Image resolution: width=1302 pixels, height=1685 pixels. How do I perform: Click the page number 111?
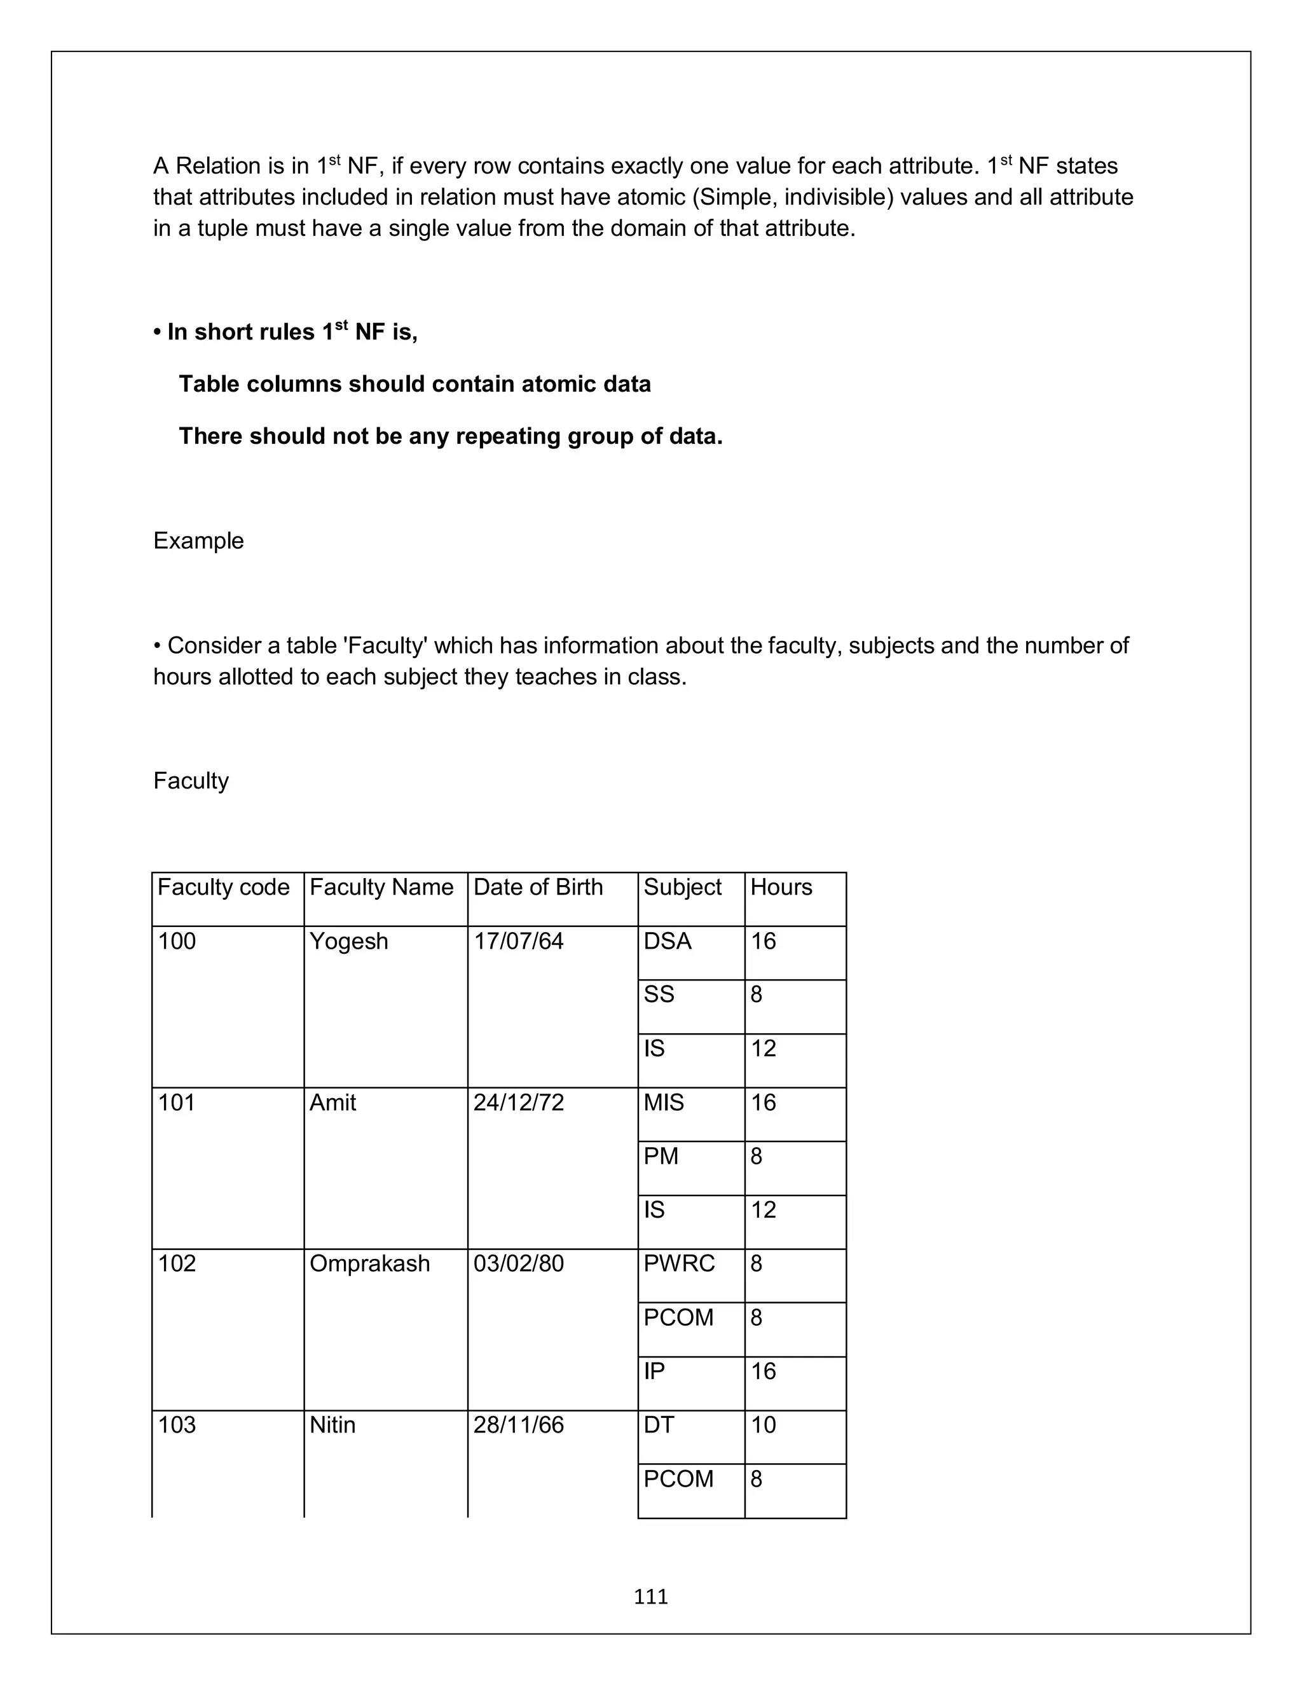pos(650,1596)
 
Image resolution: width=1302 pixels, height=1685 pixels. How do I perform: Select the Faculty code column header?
pos(224,887)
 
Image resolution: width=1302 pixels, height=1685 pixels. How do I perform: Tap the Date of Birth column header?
pos(538,887)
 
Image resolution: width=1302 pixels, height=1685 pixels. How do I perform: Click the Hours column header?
pos(781,887)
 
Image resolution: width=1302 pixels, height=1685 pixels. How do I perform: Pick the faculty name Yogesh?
pos(348,941)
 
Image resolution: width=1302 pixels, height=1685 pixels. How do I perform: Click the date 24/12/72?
pos(518,1103)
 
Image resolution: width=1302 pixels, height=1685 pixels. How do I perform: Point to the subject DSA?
pos(667,941)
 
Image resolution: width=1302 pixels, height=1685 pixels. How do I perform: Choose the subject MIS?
pos(663,1103)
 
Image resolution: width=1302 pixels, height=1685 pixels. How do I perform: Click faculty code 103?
pos(177,1425)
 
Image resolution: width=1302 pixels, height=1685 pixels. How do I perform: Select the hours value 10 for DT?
pos(763,1425)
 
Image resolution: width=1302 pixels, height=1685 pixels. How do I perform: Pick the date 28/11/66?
pos(518,1425)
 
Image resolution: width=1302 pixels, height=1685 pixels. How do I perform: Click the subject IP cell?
pos(654,1371)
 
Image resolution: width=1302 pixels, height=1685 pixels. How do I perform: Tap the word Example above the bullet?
pos(198,541)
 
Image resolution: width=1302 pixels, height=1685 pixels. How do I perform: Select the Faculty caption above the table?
pos(191,781)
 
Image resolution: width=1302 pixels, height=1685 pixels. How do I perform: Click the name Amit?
pos(332,1103)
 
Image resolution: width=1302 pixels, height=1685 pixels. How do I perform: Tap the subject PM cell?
pos(661,1157)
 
